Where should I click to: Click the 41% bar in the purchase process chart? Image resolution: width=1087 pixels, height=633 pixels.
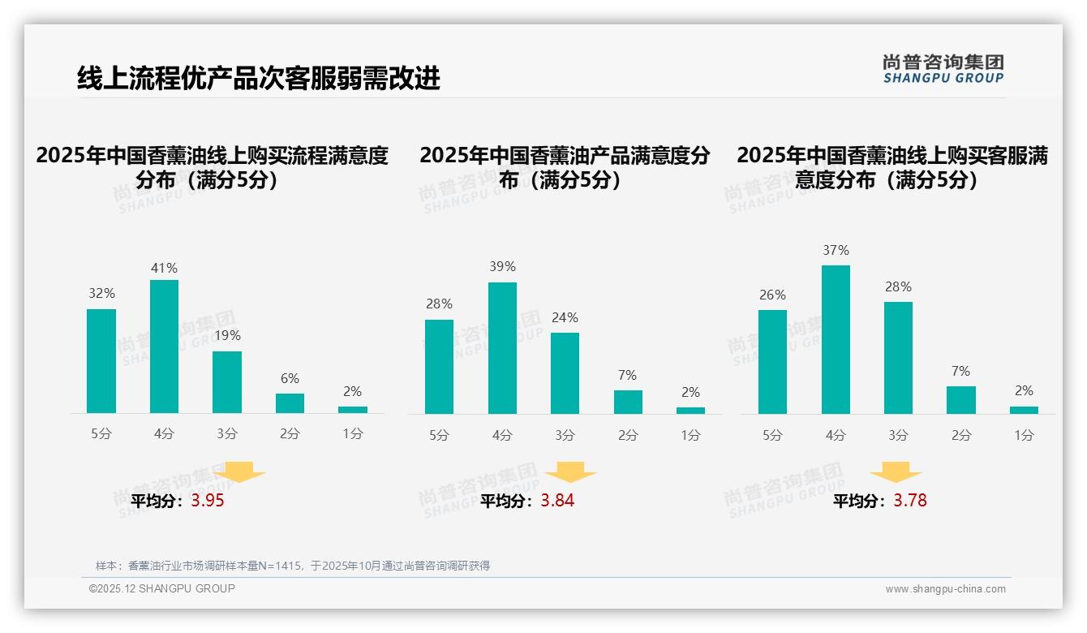pyautogui.click(x=164, y=347)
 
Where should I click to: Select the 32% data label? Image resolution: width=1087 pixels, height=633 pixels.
pyautogui.click(x=101, y=293)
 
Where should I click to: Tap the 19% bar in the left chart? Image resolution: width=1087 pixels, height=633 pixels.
pyautogui.click(x=227, y=381)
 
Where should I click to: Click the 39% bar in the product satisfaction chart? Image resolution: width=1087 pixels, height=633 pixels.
pyautogui.click(x=502, y=348)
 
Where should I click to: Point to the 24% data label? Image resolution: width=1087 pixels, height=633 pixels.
pyautogui.click(x=565, y=317)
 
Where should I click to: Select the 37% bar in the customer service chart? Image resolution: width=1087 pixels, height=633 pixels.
pyautogui.click(x=836, y=339)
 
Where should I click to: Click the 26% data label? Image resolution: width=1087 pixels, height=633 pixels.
pyautogui.click(x=772, y=295)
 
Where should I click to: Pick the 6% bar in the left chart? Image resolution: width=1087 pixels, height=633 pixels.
pyautogui.click(x=290, y=403)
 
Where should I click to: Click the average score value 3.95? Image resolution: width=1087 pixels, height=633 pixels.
pyautogui.click(x=208, y=501)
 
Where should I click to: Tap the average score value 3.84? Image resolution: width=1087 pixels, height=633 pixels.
pyautogui.click(x=557, y=501)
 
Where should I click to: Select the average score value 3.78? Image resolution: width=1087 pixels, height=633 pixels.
pyautogui.click(x=910, y=501)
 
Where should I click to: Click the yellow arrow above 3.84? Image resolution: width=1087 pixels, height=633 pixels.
pyautogui.click(x=570, y=472)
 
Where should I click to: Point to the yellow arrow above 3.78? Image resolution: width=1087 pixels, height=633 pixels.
pyautogui.click(x=896, y=472)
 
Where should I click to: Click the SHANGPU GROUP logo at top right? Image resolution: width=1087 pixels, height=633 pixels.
pyautogui.click(x=943, y=69)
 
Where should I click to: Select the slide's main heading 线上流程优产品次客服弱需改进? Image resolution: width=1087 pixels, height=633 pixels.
pyautogui.click(x=258, y=78)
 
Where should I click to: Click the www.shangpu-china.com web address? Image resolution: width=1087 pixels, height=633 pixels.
pyautogui.click(x=945, y=589)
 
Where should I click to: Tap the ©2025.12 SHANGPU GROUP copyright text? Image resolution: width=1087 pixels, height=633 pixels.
pyautogui.click(x=162, y=588)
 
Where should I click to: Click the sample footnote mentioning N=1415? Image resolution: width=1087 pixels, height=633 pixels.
pyautogui.click(x=293, y=566)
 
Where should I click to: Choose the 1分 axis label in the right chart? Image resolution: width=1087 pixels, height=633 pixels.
pyautogui.click(x=1024, y=435)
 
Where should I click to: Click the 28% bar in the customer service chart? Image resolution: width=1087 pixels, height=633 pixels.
pyautogui.click(x=898, y=358)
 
